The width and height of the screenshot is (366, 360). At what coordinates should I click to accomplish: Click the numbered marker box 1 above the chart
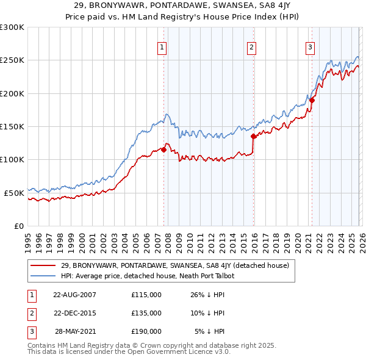point(162,47)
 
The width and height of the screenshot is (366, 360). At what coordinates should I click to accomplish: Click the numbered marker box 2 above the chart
point(251,47)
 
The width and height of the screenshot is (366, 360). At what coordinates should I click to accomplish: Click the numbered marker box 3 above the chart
point(310,47)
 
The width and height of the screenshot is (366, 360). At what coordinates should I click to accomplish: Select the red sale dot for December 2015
point(253,137)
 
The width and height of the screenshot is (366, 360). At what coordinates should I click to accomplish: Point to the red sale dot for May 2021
point(312,100)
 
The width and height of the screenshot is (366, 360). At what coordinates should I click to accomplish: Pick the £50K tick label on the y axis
point(13,193)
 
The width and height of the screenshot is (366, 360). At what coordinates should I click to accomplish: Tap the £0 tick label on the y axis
point(18,226)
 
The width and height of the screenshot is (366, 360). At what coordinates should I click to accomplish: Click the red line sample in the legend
point(43,265)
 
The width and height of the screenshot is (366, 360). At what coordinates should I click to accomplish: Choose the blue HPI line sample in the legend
point(43,276)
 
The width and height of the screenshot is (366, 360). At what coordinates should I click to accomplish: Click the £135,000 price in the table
point(146,313)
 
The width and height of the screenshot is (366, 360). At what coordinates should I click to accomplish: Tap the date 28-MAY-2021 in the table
point(76,331)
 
